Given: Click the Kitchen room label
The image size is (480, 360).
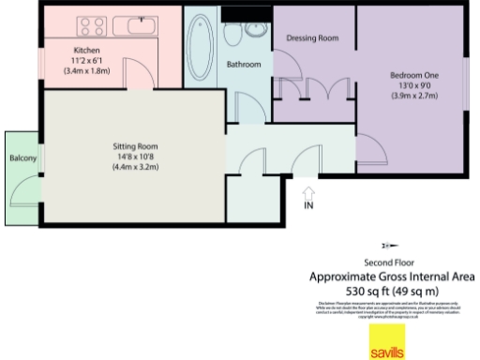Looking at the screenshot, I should (87, 50).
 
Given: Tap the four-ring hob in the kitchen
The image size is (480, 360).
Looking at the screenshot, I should (94, 25).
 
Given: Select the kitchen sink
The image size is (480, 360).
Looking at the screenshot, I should (145, 24).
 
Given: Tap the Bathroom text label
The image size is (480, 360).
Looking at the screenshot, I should (244, 64).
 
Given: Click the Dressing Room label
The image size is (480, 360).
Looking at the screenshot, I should (311, 38).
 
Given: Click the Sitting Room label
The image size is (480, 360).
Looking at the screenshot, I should (135, 146).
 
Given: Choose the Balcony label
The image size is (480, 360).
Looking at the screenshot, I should (22, 159).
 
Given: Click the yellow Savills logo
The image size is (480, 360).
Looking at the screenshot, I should (387, 342).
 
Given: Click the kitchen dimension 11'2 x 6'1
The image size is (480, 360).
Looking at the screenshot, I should (87, 60).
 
